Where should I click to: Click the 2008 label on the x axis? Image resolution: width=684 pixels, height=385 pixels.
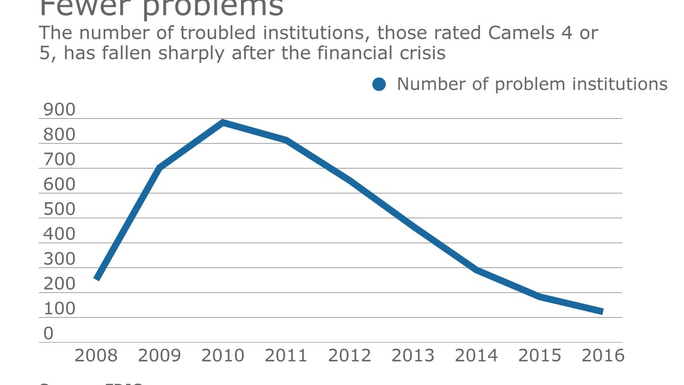(x=96, y=356)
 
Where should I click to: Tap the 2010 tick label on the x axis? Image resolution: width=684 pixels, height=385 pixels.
(x=222, y=356)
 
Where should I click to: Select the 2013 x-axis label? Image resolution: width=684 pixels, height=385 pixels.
(x=413, y=356)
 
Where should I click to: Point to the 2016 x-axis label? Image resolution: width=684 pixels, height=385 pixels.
(x=602, y=356)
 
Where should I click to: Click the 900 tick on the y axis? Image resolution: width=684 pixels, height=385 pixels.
(x=59, y=110)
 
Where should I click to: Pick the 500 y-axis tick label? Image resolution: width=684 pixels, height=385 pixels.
(x=59, y=210)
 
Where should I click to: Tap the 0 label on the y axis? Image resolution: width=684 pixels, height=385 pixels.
(x=49, y=334)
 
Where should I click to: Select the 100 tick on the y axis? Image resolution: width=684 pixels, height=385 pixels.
(x=59, y=309)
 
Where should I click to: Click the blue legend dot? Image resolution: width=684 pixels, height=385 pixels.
(x=379, y=84)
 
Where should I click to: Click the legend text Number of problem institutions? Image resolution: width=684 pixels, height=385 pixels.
(x=532, y=84)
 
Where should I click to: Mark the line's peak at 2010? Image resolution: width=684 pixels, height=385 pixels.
(x=223, y=122)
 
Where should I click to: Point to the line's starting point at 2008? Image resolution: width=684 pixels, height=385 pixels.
(x=97, y=278)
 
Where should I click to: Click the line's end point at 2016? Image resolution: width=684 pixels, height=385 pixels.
(x=602, y=312)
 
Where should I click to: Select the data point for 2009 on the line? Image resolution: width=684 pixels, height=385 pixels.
(x=160, y=167)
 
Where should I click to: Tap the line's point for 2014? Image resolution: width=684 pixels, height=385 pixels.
(x=476, y=270)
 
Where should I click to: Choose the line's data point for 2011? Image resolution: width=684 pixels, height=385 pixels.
(x=286, y=140)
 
